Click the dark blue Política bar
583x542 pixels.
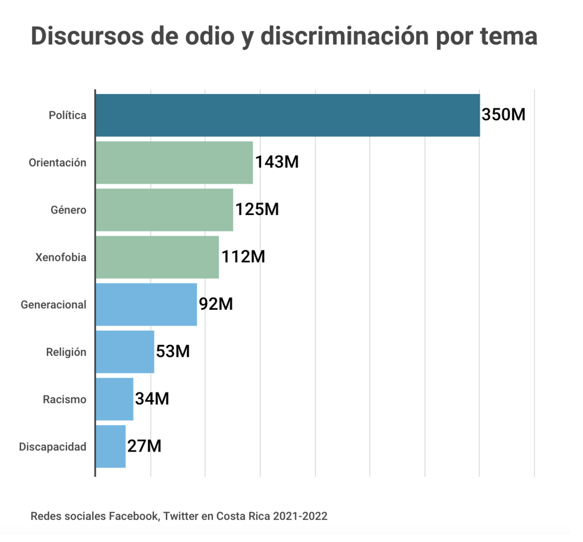(287, 115)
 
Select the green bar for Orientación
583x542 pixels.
(174, 162)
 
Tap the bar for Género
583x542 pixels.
(164, 210)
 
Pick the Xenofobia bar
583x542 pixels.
(157, 257)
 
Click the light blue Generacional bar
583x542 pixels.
(146, 304)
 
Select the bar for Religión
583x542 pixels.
(125, 352)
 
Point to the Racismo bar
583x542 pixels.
(114, 399)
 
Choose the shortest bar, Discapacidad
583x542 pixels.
(111, 446)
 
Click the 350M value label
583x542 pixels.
(503, 115)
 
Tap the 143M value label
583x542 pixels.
(277, 162)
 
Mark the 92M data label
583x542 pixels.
(216, 304)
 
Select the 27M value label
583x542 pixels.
(144, 446)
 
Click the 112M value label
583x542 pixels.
(243, 257)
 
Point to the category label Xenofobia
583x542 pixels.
(61, 257)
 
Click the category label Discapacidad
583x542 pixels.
(52, 447)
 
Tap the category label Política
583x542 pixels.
(67, 115)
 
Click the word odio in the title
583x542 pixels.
(210, 36)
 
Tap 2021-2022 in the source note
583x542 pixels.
(300, 516)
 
